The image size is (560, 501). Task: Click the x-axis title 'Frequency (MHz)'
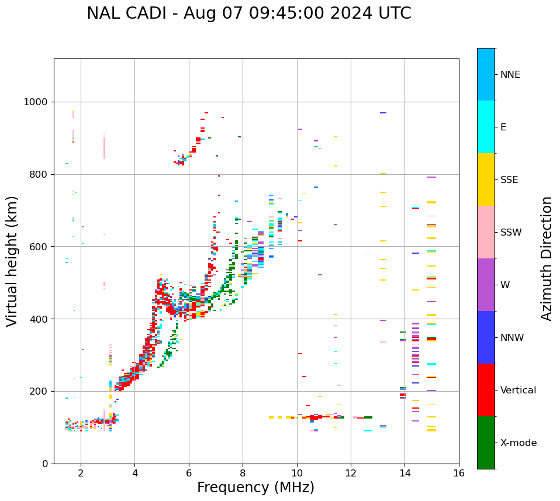click(x=255, y=488)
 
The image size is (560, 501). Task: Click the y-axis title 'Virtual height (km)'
click(x=12, y=261)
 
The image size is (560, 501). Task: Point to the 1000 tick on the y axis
click(x=36, y=102)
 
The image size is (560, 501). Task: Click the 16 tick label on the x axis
click(x=459, y=474)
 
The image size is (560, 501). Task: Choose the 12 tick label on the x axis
click(x=351, y=474)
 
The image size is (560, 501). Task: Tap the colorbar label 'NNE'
click(x=510, y=75)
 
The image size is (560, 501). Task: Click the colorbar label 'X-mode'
click(x=518, y=443)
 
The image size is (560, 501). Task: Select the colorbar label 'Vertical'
click(x=518, y=391)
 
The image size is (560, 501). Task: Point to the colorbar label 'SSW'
click(x=510, y=233)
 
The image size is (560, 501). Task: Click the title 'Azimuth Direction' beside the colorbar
click(x=547, y=258)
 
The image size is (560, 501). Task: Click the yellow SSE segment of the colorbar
click(x=486, y=179)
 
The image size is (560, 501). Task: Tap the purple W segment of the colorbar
click(x=486, y=285)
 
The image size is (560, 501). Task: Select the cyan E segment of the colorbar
click(x=486, y=127)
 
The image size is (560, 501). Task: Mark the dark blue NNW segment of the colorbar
click(x=486, y=337)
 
